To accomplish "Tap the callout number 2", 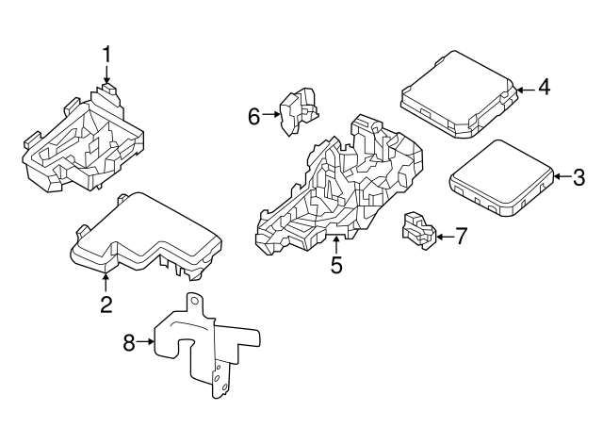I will [106, 304].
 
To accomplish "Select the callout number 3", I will [579, 176].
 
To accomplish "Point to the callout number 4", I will [544, 89].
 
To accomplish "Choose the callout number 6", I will [253, 116].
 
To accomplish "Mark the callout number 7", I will [460, 236].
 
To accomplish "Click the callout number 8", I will [129, 341].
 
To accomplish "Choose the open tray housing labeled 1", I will [85, 141].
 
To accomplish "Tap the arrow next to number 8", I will [146, 342].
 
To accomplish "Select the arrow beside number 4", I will [524, 89].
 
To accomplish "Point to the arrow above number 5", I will [336, 245].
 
